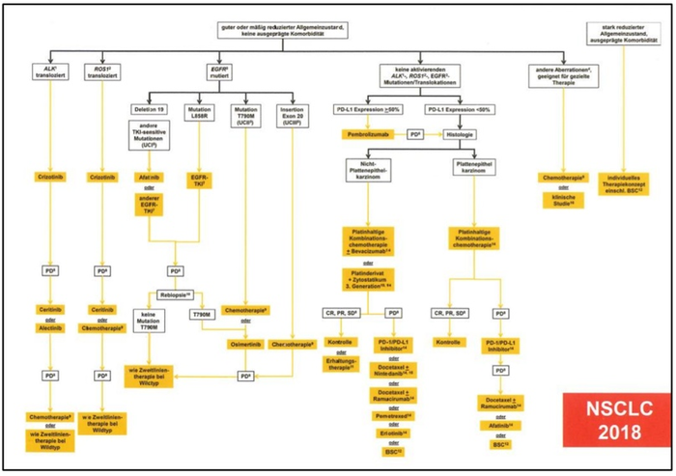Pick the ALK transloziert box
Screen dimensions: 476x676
tap(44, 70)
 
